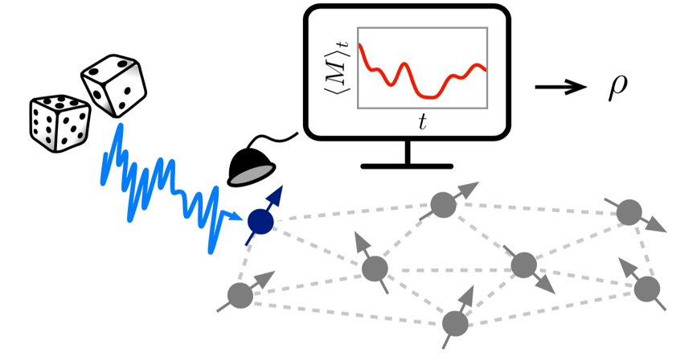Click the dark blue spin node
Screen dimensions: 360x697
point(260,219)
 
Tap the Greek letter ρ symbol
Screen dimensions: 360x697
point(617,89)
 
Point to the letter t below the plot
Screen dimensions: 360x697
point(422,122)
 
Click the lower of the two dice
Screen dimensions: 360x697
point(59,122)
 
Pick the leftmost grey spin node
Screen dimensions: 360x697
point(239,296)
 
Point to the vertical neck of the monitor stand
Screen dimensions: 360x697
point(408,153)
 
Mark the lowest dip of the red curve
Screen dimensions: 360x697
point(433,97)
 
